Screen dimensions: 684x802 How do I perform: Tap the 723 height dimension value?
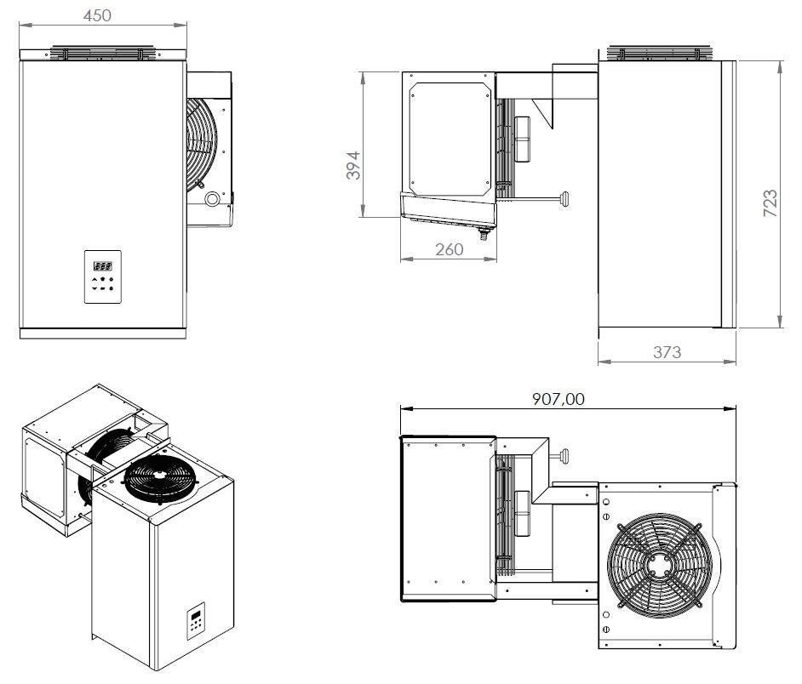(x=769, y=204)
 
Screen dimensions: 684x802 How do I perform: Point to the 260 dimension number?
(x=449, y=249)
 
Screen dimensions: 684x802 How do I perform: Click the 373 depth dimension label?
(x=666, y=351)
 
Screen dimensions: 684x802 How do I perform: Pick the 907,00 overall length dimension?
(x=559, y=398)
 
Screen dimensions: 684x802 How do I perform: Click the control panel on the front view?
(x=102, y=277)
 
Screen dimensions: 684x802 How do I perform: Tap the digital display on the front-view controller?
(x=102, y=264)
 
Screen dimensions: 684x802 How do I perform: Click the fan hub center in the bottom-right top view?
(x=658, y=562)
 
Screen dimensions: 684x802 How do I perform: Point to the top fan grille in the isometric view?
(x=161, y=482)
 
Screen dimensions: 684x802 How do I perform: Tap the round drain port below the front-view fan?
(x=211, y=199)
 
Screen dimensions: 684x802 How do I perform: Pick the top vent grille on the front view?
(x=102, y=53)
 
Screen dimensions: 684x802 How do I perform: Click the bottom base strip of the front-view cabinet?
(x=102, y=333)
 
